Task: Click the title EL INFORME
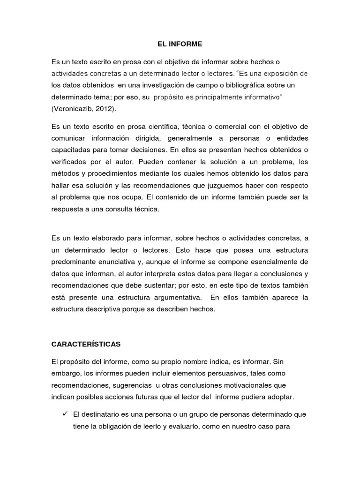(180, 45)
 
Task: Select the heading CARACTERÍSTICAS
(86, 344)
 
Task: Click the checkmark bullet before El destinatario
(65, 415)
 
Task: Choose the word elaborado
(110, 239)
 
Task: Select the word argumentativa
(167, 298)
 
